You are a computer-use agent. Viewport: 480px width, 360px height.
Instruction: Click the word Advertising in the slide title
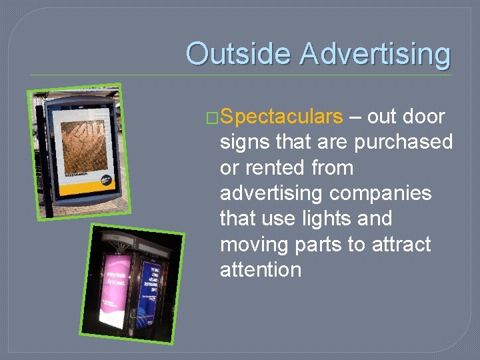coord(375,53)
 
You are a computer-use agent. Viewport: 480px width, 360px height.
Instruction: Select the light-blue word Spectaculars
coord(281,117)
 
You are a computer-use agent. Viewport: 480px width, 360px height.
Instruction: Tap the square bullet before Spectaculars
coord(213,117)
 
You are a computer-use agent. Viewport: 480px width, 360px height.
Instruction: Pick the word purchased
coord(403,142)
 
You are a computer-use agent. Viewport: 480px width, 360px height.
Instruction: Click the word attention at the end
coord(261,269)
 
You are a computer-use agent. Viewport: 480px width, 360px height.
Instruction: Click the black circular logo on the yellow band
coord(106,179)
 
